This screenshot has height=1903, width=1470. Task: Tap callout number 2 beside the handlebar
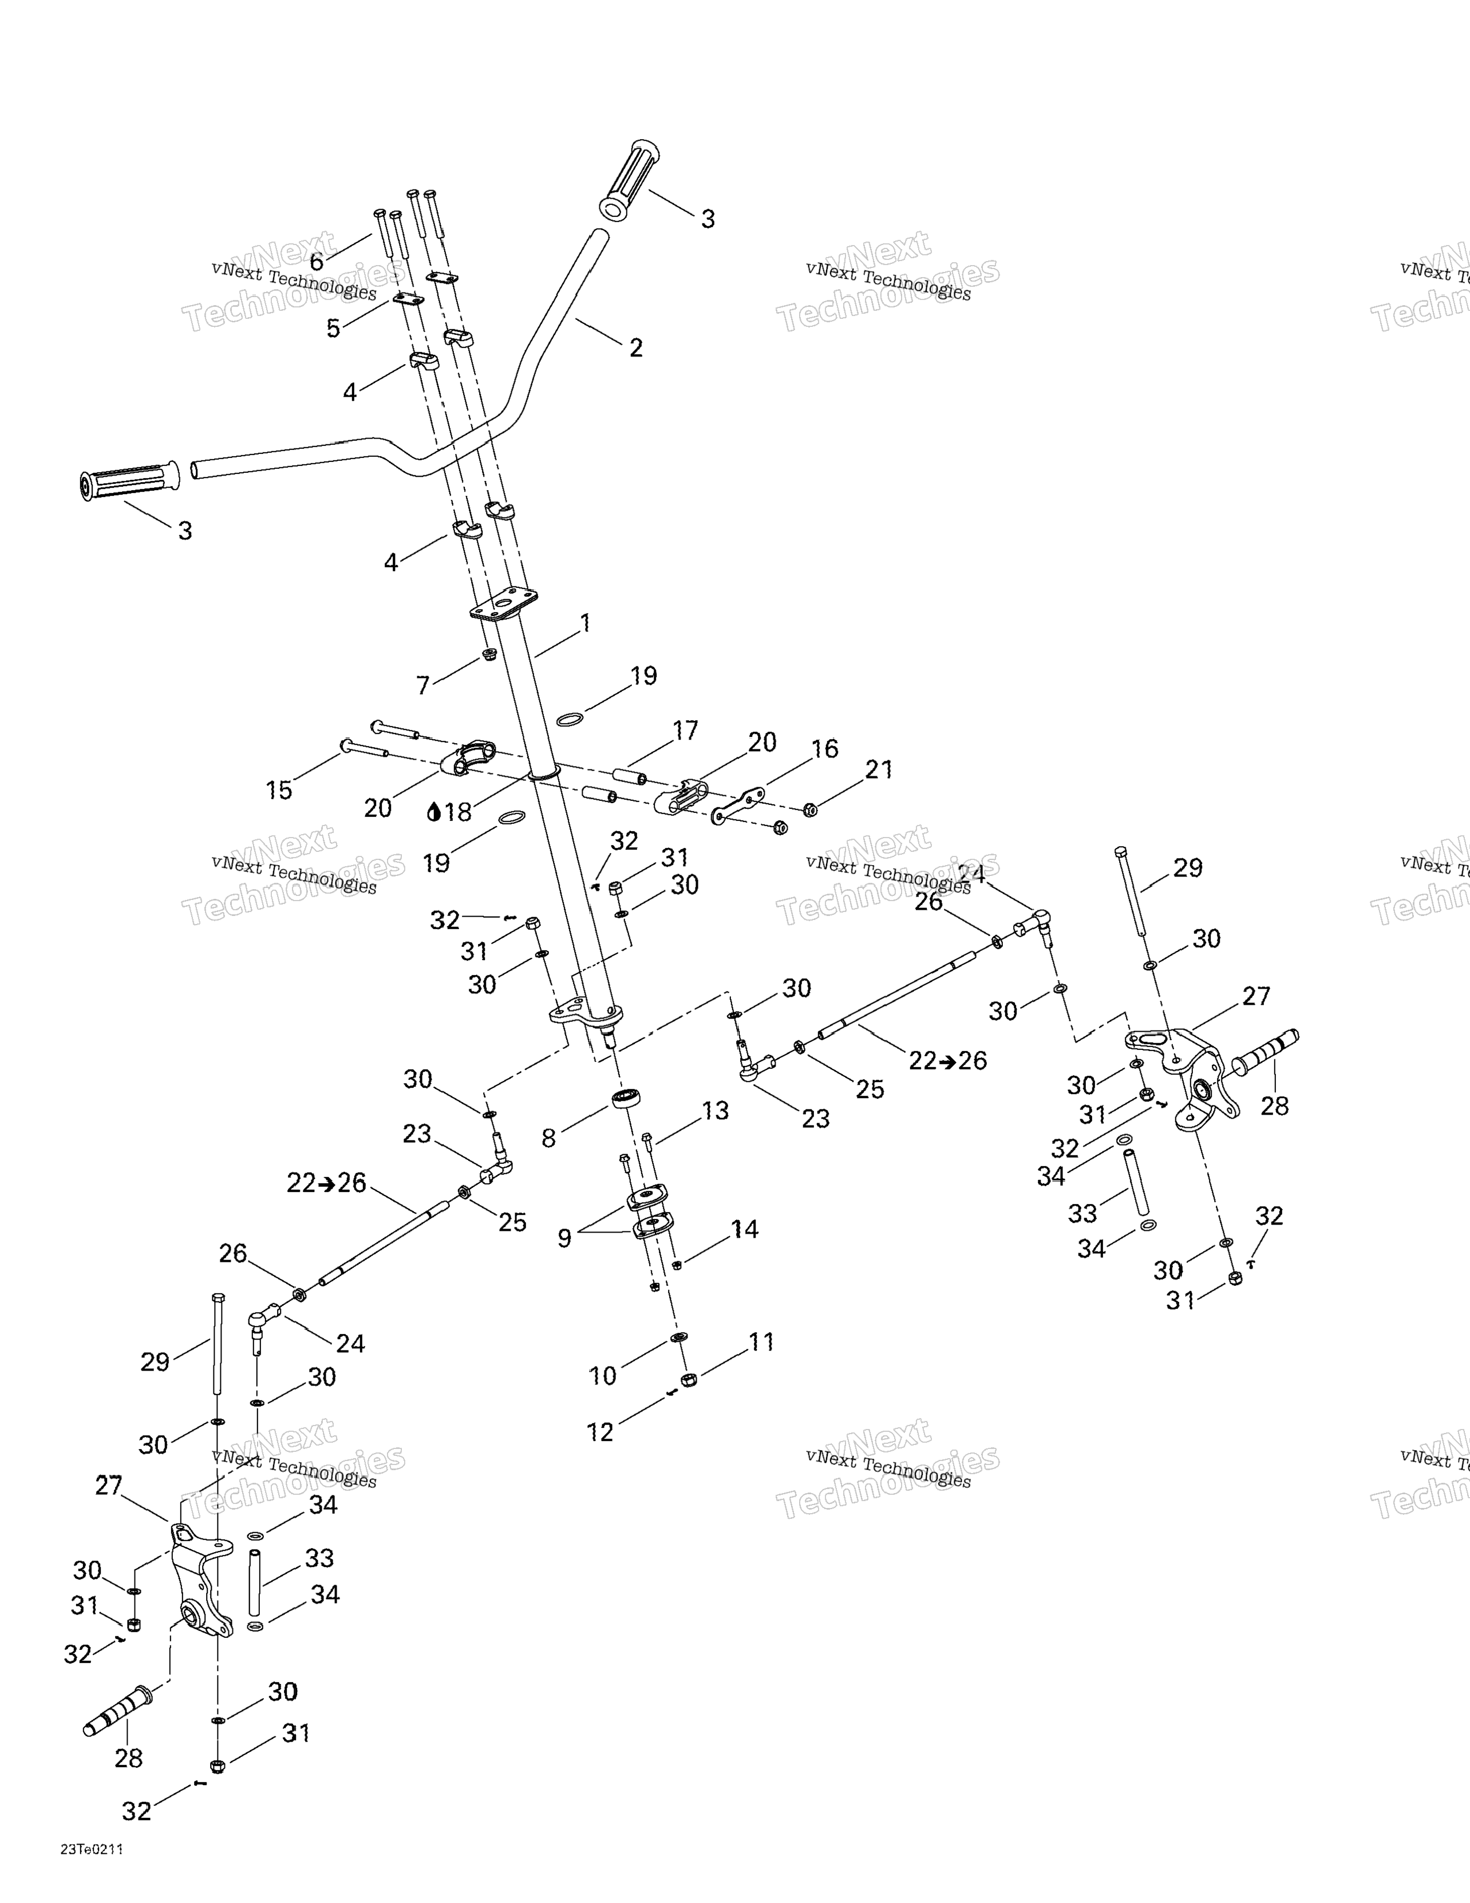click(636, 348)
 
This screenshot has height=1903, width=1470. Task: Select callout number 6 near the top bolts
click(317, 262)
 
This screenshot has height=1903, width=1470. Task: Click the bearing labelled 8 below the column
click(626, 1098)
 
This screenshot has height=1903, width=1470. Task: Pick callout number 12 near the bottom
click(600, 1432)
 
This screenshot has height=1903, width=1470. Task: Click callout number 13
click(716, 1111)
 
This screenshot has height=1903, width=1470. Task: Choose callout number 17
click(686, 730)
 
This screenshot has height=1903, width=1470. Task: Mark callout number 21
click(879, 769)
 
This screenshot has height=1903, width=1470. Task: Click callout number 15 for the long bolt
click(279, 790)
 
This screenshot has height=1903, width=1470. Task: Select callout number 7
click(424, 686)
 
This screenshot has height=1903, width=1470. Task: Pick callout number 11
click(761, 1342)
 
